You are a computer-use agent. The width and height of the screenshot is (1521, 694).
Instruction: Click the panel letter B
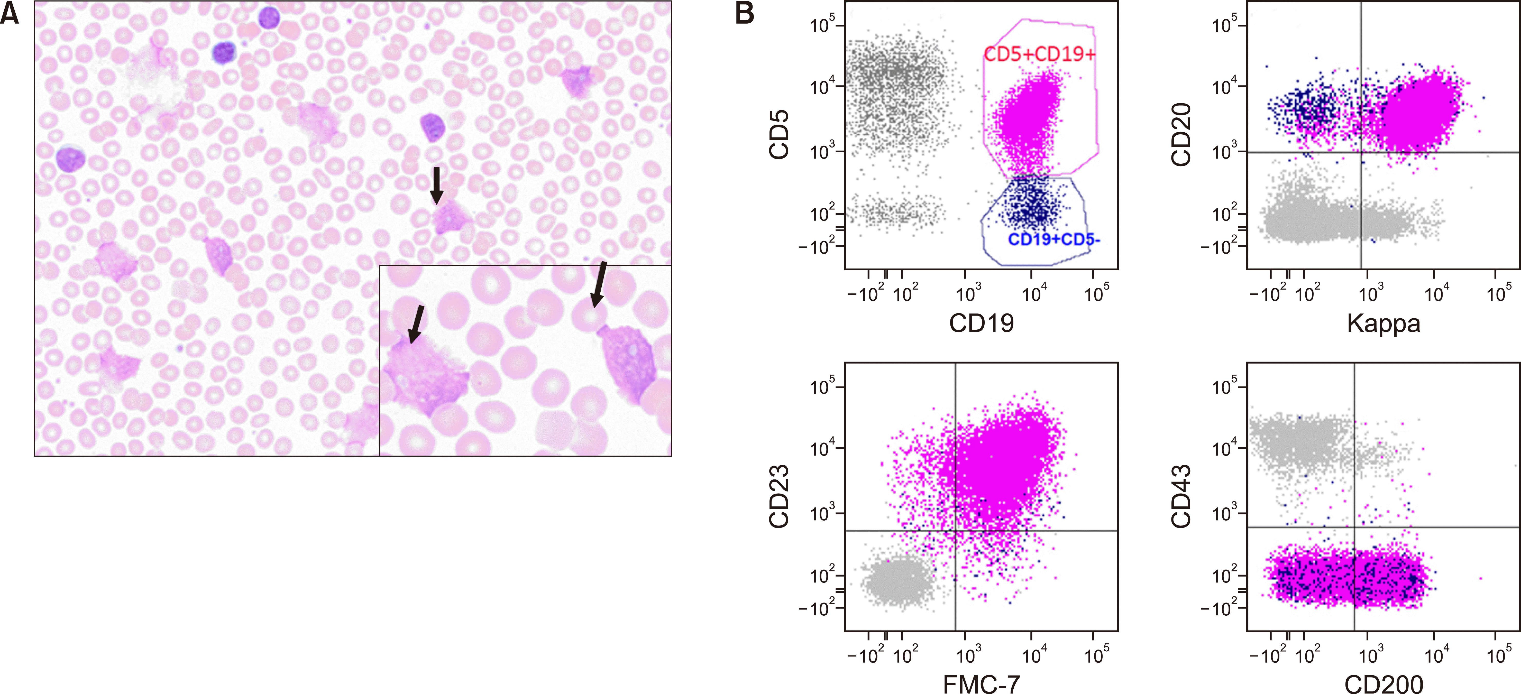pyautogui.click(x=745, y=13)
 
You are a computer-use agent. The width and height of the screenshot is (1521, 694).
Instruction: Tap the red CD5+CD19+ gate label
pyautogui.click(x=1039, y=54)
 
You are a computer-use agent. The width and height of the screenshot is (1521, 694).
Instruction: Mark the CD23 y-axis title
pyautogui.click(x=780, y=496)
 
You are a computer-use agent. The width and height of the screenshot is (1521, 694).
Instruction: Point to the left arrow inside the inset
pyautogui.click(x=416, y=323)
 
